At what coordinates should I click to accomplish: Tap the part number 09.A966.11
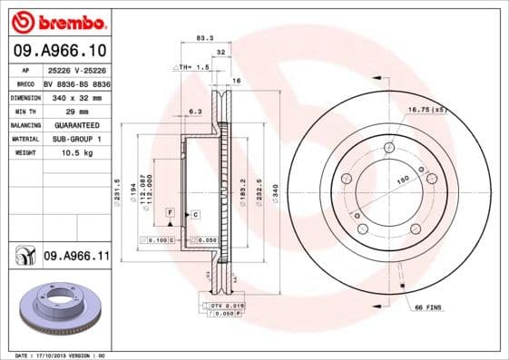pos(76,258)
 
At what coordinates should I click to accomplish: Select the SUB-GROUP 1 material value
pos(76,139)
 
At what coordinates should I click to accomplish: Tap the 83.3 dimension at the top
pos(204,38)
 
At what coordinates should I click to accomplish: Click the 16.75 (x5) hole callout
pos(427,110)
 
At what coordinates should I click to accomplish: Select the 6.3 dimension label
pos(194,112)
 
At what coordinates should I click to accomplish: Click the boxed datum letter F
pos(169,211)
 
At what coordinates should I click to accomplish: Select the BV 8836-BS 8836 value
pos(77,81)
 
